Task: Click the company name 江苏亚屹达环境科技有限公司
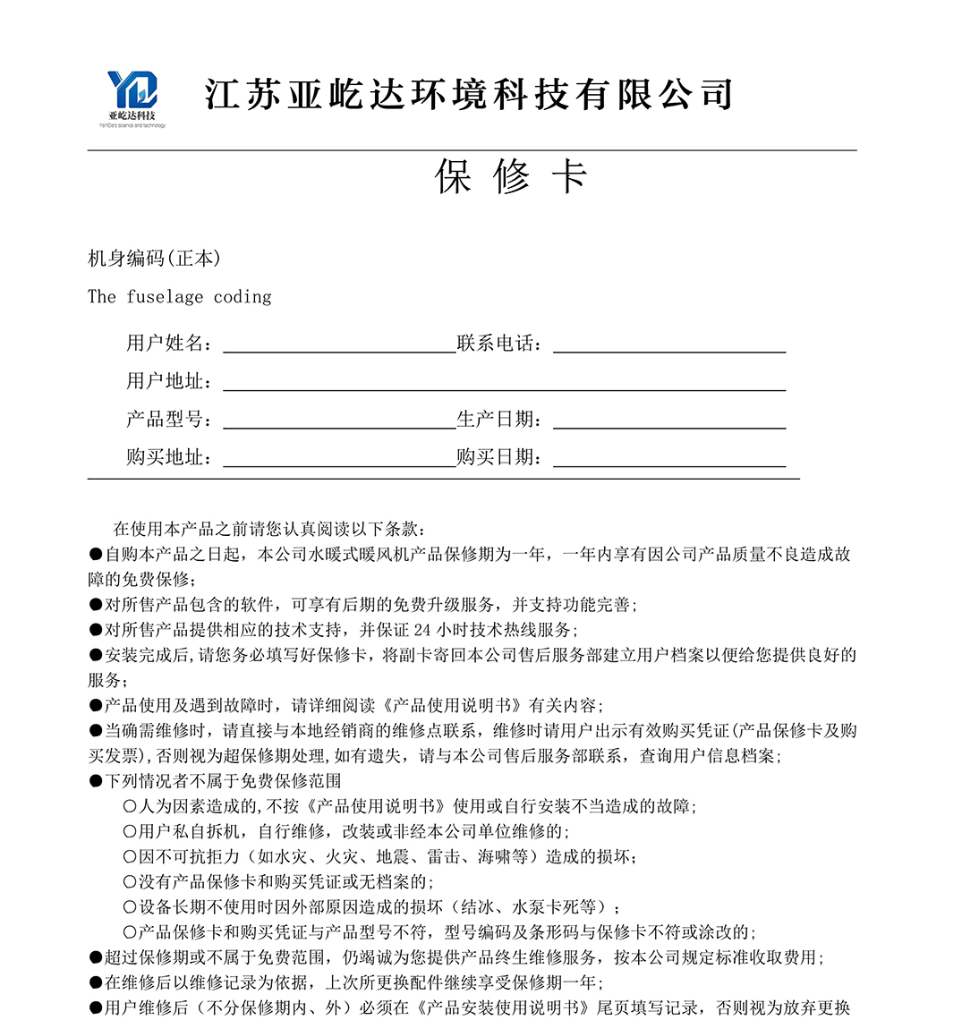[469, 95]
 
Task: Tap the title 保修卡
[510, 176]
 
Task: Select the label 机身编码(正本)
[154, 259]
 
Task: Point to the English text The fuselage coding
[179, 297]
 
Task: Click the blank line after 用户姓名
[339, 345]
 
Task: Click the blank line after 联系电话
[669, 345]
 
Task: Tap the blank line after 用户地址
[504, 383]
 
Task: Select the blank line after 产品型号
[339, 421]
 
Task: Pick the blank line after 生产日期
[669, 421]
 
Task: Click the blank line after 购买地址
[339, 459]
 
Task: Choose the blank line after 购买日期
[669, 459]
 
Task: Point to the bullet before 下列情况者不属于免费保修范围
[96, 781]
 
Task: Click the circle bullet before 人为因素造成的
[130, 806]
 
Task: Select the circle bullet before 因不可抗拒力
[130, 857]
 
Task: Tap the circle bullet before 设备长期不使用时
[130, 907]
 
